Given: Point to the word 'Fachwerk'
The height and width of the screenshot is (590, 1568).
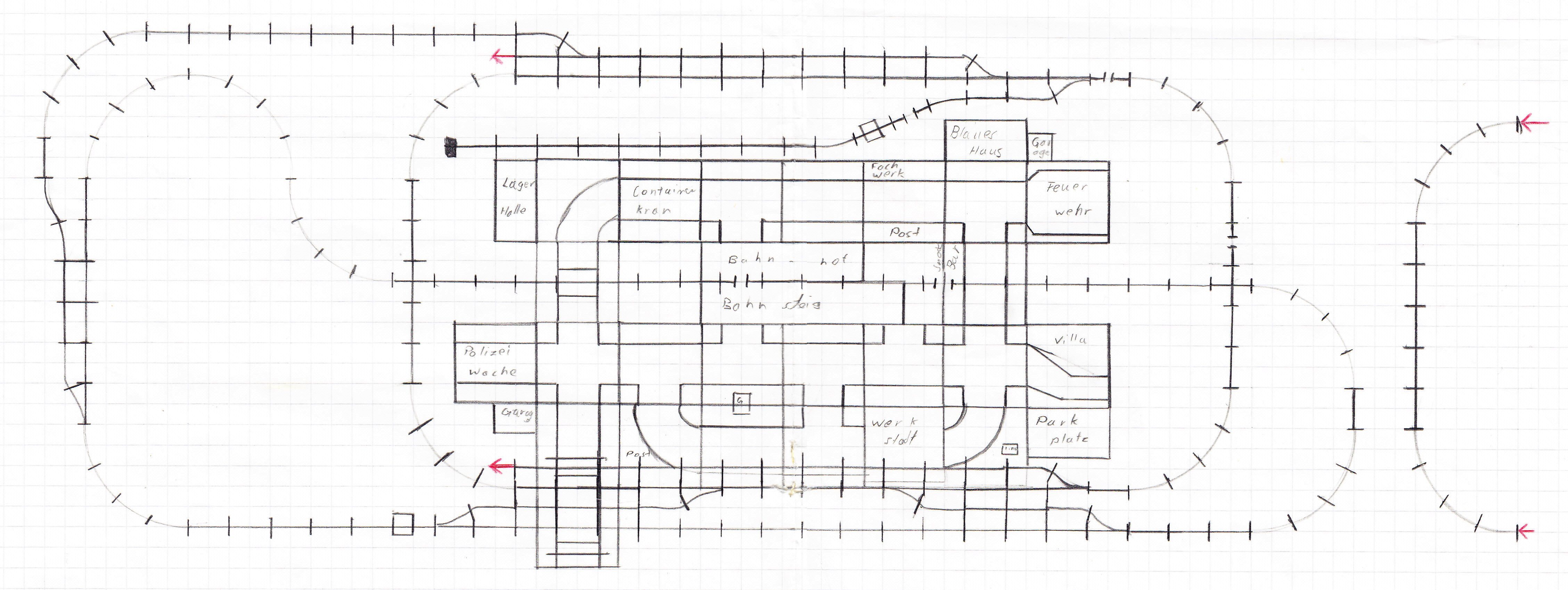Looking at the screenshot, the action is pyautogui.click(x=886, y=170).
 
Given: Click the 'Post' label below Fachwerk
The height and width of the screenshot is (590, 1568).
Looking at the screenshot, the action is pyautogui.click(x=905, y=232).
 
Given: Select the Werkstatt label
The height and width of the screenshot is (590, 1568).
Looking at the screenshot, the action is pyautogui.click(x=893, y=431).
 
